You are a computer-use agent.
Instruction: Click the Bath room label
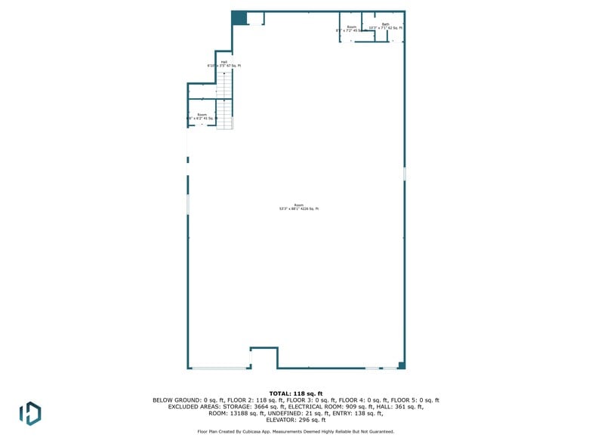pos(385,26)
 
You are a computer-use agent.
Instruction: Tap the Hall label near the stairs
pos(224,64)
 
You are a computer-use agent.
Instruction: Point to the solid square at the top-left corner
pos(239,18)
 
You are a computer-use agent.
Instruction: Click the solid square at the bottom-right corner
pos(402,365)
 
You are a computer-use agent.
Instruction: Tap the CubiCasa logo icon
pos(30,412)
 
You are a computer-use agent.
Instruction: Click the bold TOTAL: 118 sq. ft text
pos(296,393)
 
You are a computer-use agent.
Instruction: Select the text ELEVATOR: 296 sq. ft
pos(296,419)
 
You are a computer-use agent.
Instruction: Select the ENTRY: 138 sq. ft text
pos(359,413)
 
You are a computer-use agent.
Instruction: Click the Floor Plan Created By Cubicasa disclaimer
pos(296,431)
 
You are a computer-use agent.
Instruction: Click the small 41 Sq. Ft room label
pos(202,117)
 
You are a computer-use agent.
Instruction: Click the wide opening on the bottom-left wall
pos(220,368)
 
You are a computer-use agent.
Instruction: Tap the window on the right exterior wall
pos(405,174)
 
